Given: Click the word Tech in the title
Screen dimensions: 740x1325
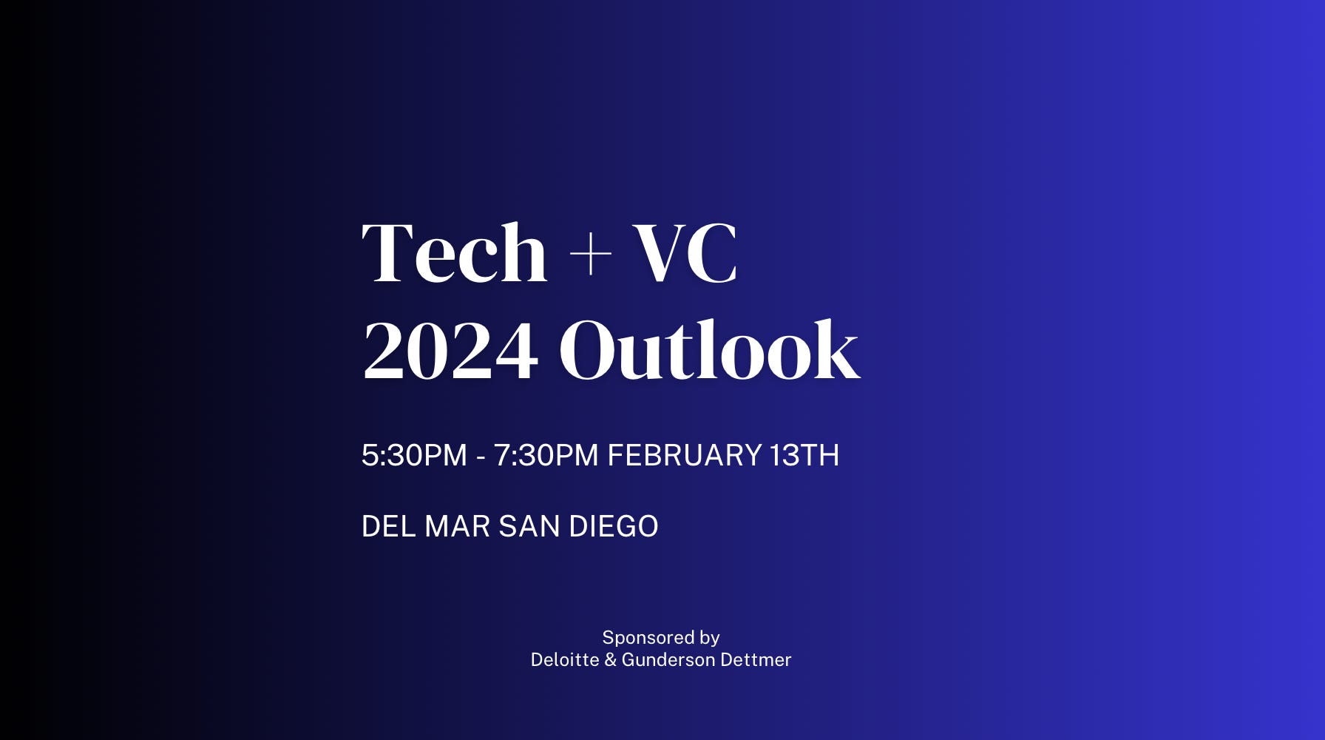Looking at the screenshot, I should point(454,253).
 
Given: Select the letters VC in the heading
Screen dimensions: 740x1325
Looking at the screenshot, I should point(685,253).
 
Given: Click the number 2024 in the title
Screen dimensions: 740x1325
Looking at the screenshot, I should point(450,351).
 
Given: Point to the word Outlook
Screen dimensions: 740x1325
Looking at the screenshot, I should point(709,351).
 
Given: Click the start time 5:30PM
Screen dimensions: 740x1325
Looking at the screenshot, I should point(414,455).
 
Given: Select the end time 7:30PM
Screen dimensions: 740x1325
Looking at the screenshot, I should point(546,455).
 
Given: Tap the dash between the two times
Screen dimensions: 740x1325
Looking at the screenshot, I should point(481,457).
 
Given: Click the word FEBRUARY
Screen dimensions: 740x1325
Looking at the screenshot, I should point(684,455).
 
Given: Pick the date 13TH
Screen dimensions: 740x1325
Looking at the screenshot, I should point(804,455).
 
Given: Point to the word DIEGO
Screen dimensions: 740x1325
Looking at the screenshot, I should point(613,527).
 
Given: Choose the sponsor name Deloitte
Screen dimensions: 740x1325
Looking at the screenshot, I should point(565,660).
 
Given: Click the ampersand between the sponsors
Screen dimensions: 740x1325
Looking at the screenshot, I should point(610,660).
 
